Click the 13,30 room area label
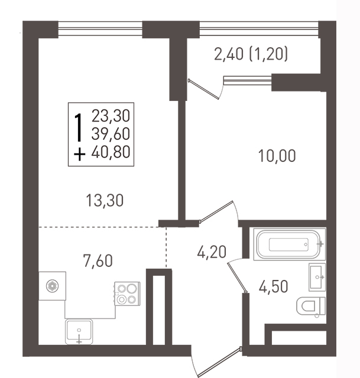(x=105, y=201)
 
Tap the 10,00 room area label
(x=277, y=156)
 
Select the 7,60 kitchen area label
(x=98, y=261)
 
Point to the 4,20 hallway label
(x=212, y=252)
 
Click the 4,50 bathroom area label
(x=273, y=286)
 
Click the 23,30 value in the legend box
(x=111, y=116)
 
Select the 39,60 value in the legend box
(x=111, y=134)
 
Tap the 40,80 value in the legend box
(x=111, y=152)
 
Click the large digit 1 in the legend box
(x=78, y=128)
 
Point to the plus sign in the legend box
(x=79, y=154)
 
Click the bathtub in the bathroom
(x=289, y=244)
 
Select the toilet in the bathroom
(x=311, y=306)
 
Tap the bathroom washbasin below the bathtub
(x=317, y=277)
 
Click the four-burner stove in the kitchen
(x=127, y=294)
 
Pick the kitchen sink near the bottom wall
(x=79, y=332)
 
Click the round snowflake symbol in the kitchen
(x=53, y=286)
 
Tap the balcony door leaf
(x=204, y=89)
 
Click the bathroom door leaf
(x=237, y=278)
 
